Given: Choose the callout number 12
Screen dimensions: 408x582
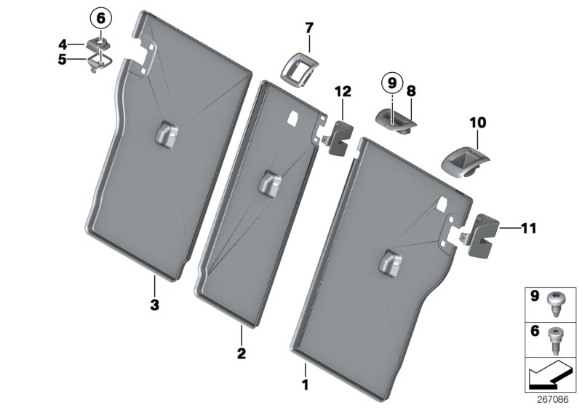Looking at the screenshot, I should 343,91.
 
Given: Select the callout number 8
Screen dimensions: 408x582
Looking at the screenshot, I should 411,91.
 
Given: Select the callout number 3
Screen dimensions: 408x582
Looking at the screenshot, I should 154,304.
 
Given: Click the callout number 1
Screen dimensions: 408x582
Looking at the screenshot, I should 306,383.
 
